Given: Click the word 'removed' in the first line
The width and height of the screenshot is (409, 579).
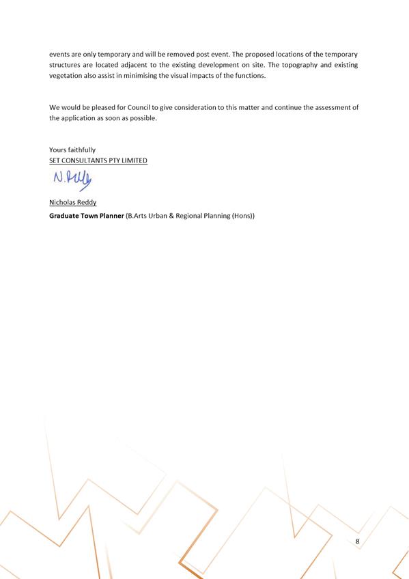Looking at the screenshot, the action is [176, 53].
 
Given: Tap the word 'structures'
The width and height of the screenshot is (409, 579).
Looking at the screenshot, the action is [66, 64].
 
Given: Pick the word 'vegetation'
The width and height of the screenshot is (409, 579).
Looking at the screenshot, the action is [67, 75].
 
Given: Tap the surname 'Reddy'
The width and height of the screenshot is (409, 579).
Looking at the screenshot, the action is [86, 203].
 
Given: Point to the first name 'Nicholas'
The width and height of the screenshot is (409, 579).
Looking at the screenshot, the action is [62, 203].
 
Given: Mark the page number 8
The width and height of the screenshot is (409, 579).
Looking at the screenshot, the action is [357, 541].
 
